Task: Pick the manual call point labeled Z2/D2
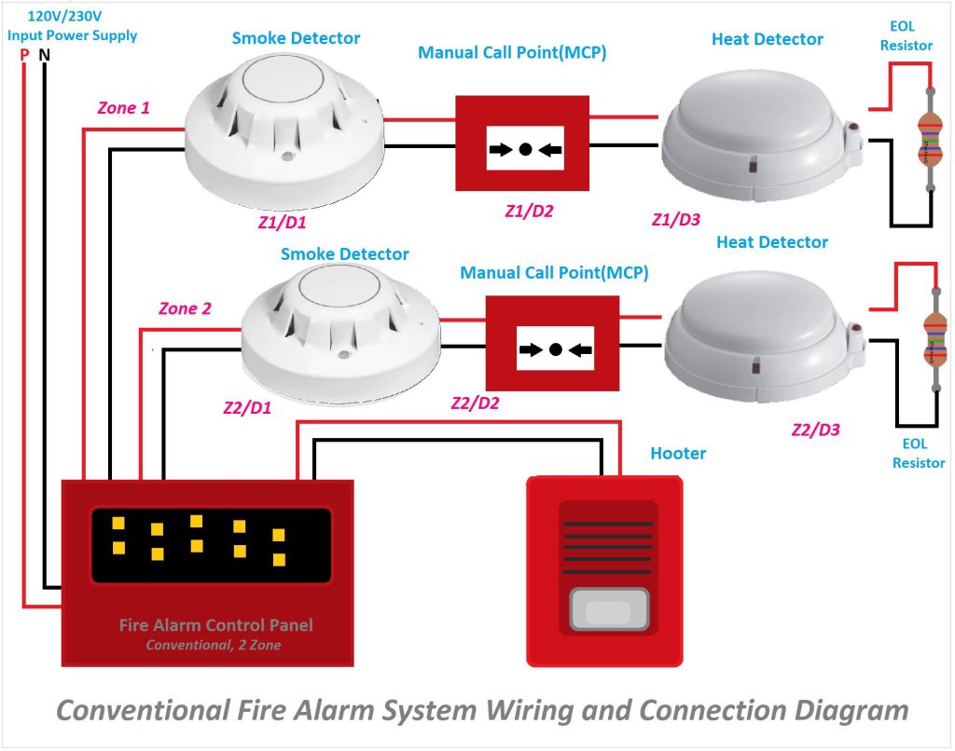click(x=553, y=344)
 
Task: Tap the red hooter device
click(x=604, y=569)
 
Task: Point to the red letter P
click(x=24, y=55)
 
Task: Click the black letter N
click(x=45, y=55)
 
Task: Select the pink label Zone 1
click(x=123, y=108)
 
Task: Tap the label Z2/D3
click(x=815, y=430)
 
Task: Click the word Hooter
click(x=678, y=454)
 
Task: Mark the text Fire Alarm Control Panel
click(x=215, y=625)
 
